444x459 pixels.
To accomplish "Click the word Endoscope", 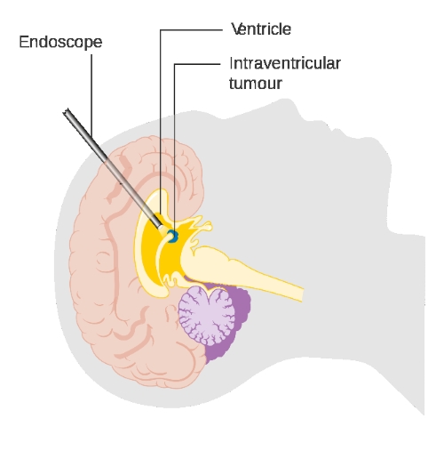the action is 60,42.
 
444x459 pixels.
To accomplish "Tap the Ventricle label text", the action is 261,29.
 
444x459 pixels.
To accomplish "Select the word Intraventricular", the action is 285,63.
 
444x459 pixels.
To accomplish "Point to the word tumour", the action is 256,84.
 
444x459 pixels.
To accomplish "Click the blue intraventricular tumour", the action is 173,236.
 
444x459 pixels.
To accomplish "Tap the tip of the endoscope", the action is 161,227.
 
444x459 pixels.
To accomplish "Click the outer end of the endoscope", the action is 67,111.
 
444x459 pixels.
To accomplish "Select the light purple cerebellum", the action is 207,317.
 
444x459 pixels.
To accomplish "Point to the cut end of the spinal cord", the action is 302,294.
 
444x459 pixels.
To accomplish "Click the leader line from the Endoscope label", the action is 91,96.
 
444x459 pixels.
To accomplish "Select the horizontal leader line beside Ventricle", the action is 191,29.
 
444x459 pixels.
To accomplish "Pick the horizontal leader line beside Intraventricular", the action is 197,64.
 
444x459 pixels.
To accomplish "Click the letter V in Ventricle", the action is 236,29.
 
